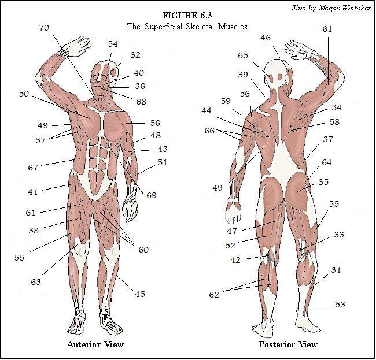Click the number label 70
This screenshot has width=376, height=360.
44,28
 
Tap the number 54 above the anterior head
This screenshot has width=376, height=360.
113,44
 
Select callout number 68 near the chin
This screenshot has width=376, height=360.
141,102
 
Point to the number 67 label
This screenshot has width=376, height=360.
33,168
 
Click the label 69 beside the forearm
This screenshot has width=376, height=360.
152,195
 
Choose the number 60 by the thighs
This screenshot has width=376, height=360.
143,250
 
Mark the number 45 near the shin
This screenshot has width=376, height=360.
140,294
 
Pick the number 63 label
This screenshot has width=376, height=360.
36,282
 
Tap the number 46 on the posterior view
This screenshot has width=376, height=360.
266,38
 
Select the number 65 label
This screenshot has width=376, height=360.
243,55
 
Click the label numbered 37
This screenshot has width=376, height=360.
328,139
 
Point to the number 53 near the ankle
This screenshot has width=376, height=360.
340,305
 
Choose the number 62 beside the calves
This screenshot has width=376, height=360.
214,294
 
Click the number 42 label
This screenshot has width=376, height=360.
235,260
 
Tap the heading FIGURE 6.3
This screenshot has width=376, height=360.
187,16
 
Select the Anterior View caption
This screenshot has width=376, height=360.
95,344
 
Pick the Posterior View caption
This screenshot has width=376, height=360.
288,344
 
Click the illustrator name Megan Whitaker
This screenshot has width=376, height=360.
345,8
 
